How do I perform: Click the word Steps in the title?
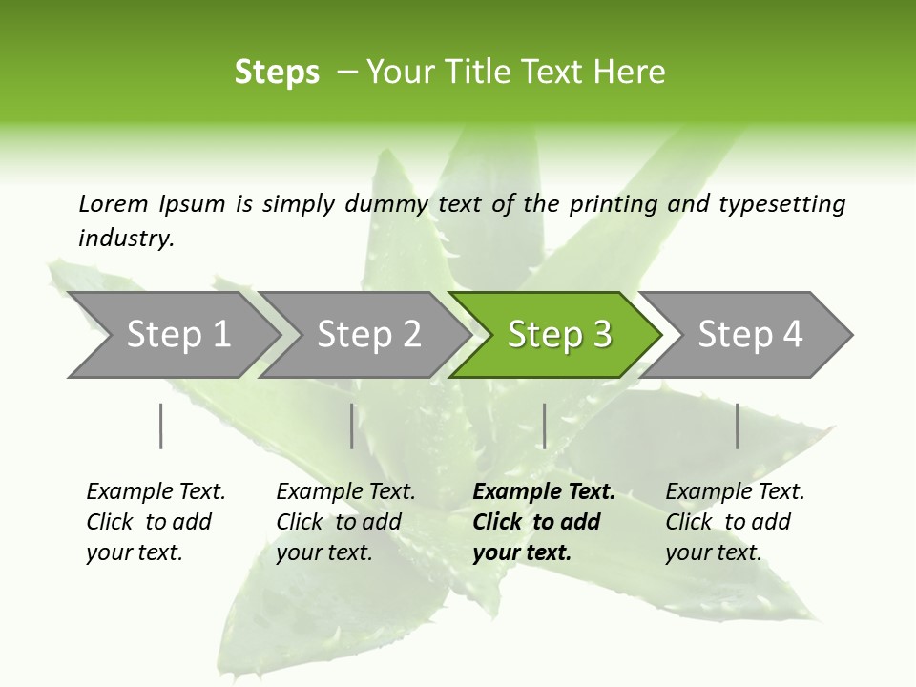point(277,73)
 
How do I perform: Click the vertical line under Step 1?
point(160,426)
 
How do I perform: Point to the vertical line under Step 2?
point(351,426)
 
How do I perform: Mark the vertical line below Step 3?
point(544,426)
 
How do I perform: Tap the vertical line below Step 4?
point(737,426)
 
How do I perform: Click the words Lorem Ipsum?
point(152,204)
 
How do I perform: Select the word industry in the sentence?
point(126,239)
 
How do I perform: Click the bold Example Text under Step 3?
point(544,492)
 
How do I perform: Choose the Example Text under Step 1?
point(156,492)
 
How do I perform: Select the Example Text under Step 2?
point(345,492)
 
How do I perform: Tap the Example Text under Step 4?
point(735,492)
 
